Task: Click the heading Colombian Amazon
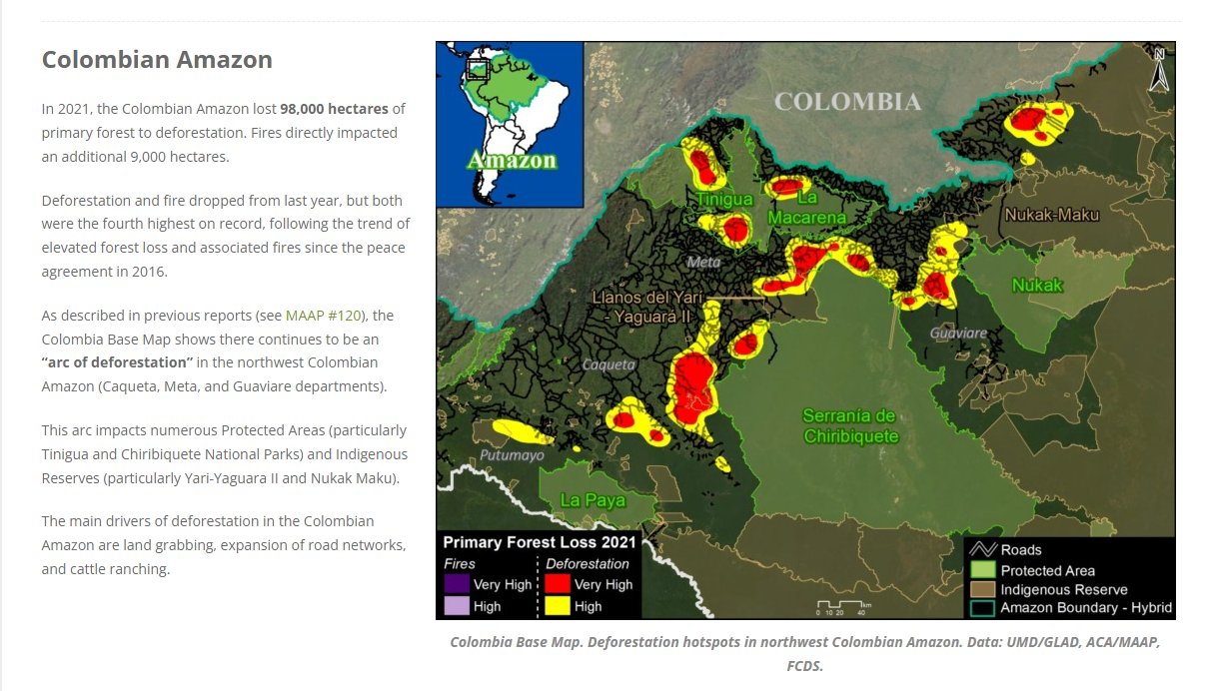157,60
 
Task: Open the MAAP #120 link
325,316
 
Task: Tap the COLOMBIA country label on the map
847,102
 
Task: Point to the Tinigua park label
724,200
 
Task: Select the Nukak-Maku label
1051,215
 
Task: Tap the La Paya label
593,499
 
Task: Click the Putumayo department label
512,455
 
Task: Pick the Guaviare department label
958,333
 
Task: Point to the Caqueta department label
608,364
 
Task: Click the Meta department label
703,263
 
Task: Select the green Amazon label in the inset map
511,160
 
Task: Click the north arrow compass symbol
1158,71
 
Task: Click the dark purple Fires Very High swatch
457,584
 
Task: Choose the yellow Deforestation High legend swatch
557,606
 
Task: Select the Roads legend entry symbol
985,549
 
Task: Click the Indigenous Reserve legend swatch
985,589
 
